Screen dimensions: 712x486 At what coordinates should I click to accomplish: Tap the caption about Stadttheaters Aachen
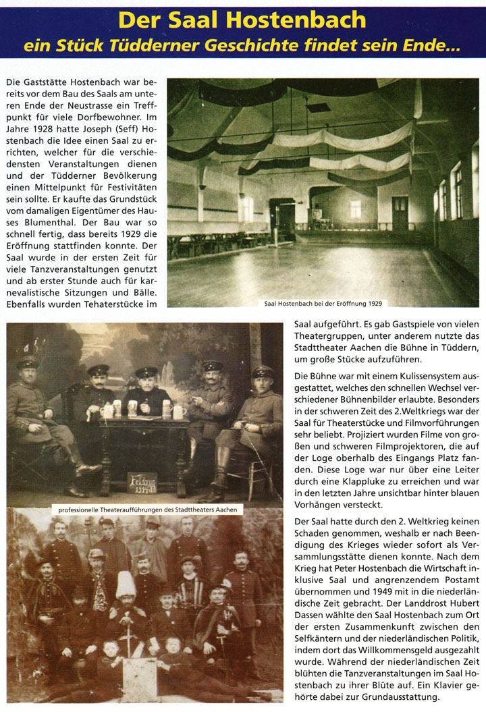point(146,510)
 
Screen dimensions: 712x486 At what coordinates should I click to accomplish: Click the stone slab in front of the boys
point(140,679)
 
